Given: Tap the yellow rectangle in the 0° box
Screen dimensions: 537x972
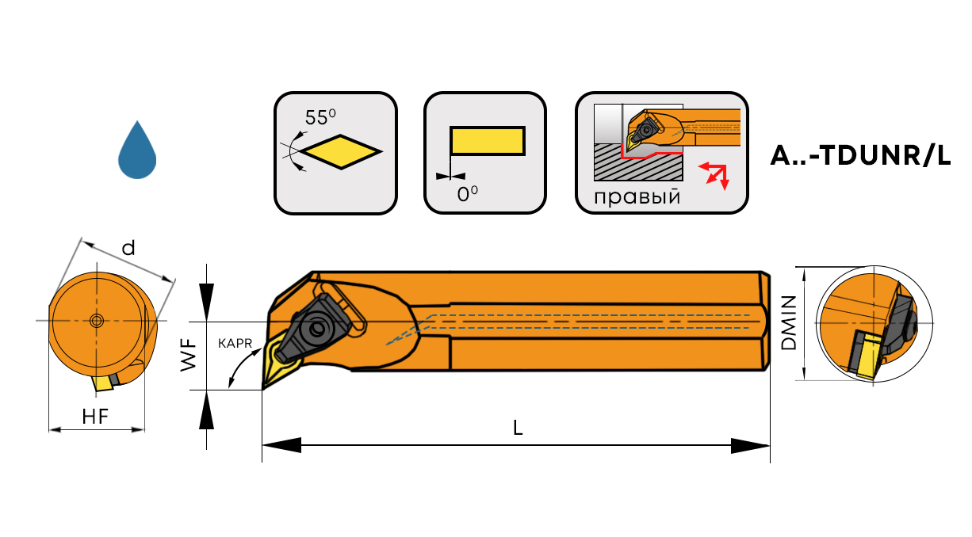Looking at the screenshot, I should pyautogui.click(x=487, y=140).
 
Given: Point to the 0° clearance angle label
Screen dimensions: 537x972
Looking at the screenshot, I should pyautogui.click(x=468, y=193).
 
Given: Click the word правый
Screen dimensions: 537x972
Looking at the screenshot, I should pyautogui.click(x=637, y=196).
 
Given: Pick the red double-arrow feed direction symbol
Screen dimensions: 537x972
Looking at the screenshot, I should pyautogui.click(x=716, y=175).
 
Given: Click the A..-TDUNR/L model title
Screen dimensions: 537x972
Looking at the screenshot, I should pyautogui.click(x=860, y=156).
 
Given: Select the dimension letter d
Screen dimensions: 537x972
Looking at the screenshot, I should pyautogui.click(x=128, y=248).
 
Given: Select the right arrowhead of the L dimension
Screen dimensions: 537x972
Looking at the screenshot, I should pyautogui.click(x=750, y=446).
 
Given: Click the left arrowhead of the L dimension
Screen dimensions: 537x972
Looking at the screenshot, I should pyautogui.click(x=282, y=446).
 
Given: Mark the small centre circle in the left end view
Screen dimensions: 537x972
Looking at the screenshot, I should pyautogui.click(x=97, y=320).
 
